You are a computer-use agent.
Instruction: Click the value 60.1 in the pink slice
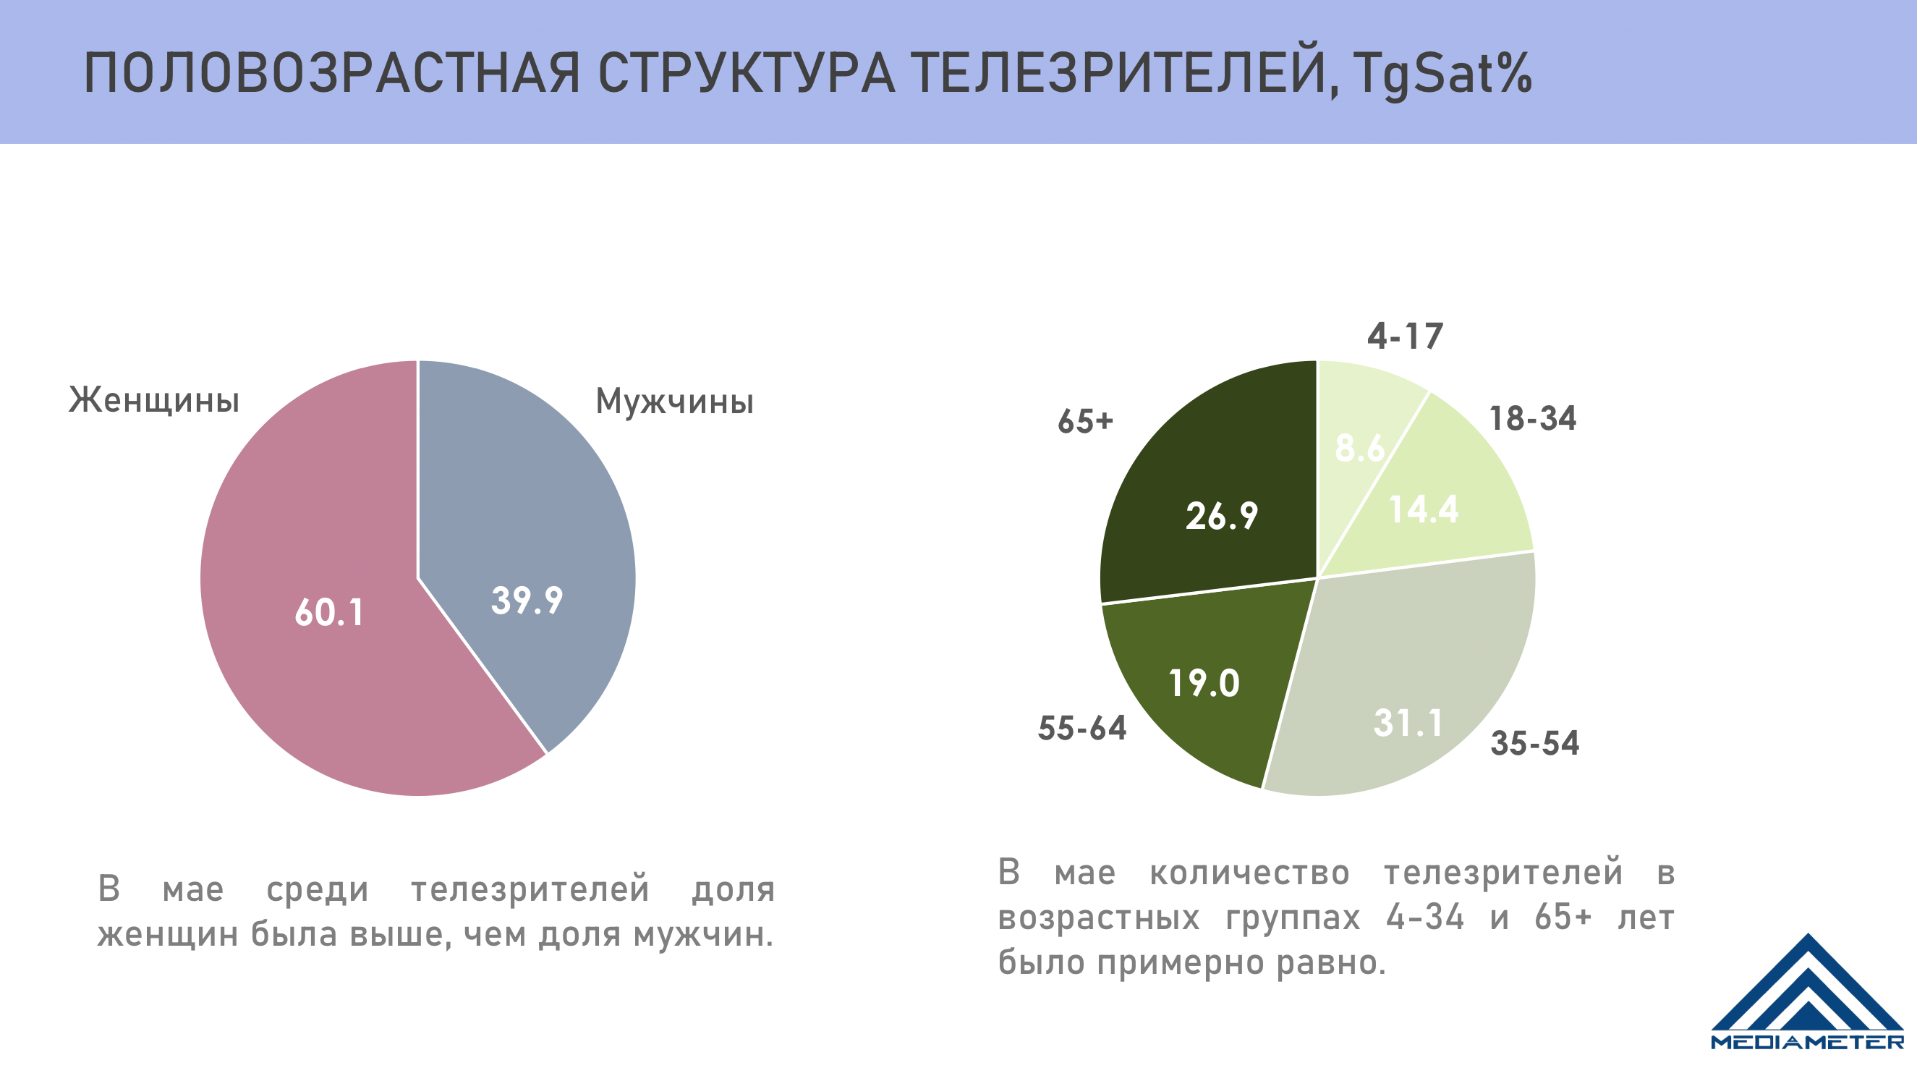329,613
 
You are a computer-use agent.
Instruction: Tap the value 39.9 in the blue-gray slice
527,601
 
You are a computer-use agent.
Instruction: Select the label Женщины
154,400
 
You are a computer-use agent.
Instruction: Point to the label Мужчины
674,402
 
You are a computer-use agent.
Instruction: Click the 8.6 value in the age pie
1359,448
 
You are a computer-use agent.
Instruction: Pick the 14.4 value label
1424,510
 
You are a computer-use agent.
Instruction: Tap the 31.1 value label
1408,723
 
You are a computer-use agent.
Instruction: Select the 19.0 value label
1204,683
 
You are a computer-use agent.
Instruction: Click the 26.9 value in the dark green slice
1221,516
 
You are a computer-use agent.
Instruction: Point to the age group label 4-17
1405,336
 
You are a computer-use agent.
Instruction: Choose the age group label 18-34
1532,418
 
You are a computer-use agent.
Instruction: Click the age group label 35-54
1534,743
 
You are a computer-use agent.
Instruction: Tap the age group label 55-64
1082,728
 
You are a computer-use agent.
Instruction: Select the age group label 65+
1085,421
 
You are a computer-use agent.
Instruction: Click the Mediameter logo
1807,993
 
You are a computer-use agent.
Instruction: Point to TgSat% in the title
1442,75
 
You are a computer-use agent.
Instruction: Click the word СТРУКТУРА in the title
747,75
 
